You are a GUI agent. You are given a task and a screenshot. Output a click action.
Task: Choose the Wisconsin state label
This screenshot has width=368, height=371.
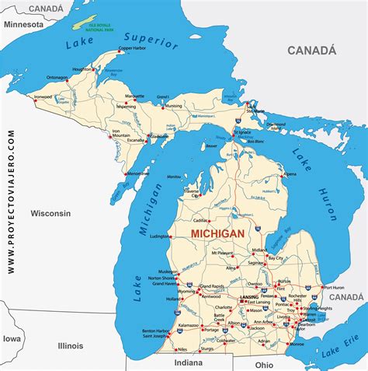click(x=50, y=212)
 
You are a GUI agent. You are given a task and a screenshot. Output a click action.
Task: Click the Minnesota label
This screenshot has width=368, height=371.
click(x=24, y=24)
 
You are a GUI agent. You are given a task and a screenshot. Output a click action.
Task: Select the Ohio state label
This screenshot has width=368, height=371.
click(x=264, y=364)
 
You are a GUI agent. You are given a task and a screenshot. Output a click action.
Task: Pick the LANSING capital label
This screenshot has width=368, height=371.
click(x=249, y=297)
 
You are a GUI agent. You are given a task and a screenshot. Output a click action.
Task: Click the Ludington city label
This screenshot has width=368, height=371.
click(x=161, y=236)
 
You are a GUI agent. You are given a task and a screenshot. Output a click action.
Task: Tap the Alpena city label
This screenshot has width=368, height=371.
click(x=289, y=174)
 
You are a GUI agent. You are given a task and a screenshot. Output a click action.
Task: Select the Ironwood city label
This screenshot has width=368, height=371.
click(x=43, y=97)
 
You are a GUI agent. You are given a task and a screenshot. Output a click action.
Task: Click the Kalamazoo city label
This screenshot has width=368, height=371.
click(x=188, y=324)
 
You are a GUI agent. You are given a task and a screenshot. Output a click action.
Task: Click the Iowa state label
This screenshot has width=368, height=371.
click(x=11, y=339)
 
